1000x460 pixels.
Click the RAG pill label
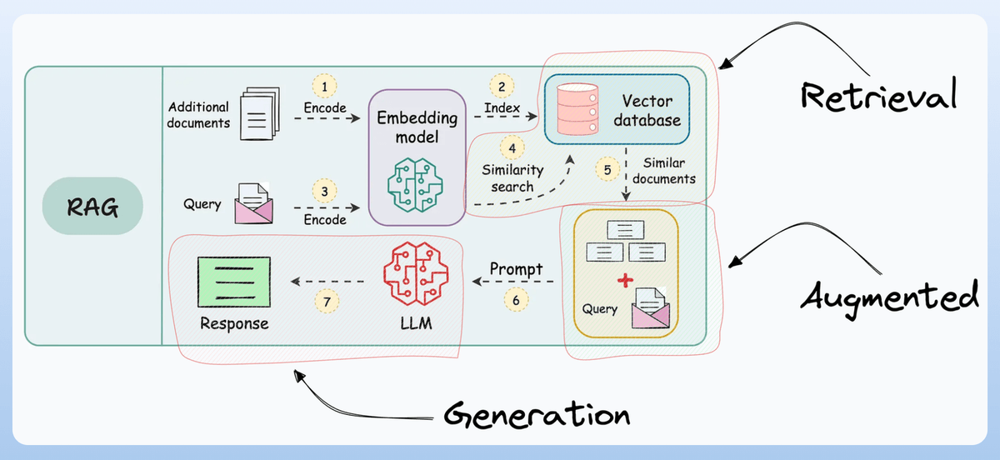(x=92, y=207)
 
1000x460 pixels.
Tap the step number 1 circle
(x=324, y=86)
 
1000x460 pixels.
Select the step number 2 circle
(x=502, y=86)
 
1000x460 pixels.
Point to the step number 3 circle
(x=324, y=191)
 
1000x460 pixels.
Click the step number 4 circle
(x=512, y=147)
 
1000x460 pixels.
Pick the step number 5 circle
(x=607, y=170)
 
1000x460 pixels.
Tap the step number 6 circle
(x=516, y=300)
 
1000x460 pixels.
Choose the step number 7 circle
(x=327, y=302)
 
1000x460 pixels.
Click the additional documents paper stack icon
(x=260, y=113)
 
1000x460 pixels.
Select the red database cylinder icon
(x=577, y=109)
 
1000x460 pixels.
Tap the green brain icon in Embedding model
(x=415, y=184)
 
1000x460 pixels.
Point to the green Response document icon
(x=234, y=282)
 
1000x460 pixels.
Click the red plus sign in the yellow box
(x=625, y=281)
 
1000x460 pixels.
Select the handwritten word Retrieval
(x=878, y=95)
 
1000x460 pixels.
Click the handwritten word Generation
(x=537, y=415)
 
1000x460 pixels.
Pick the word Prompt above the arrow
(x=516, y=269)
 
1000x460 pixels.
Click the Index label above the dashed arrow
(x=502, y=107)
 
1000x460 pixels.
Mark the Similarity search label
(x=512, y=178)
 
